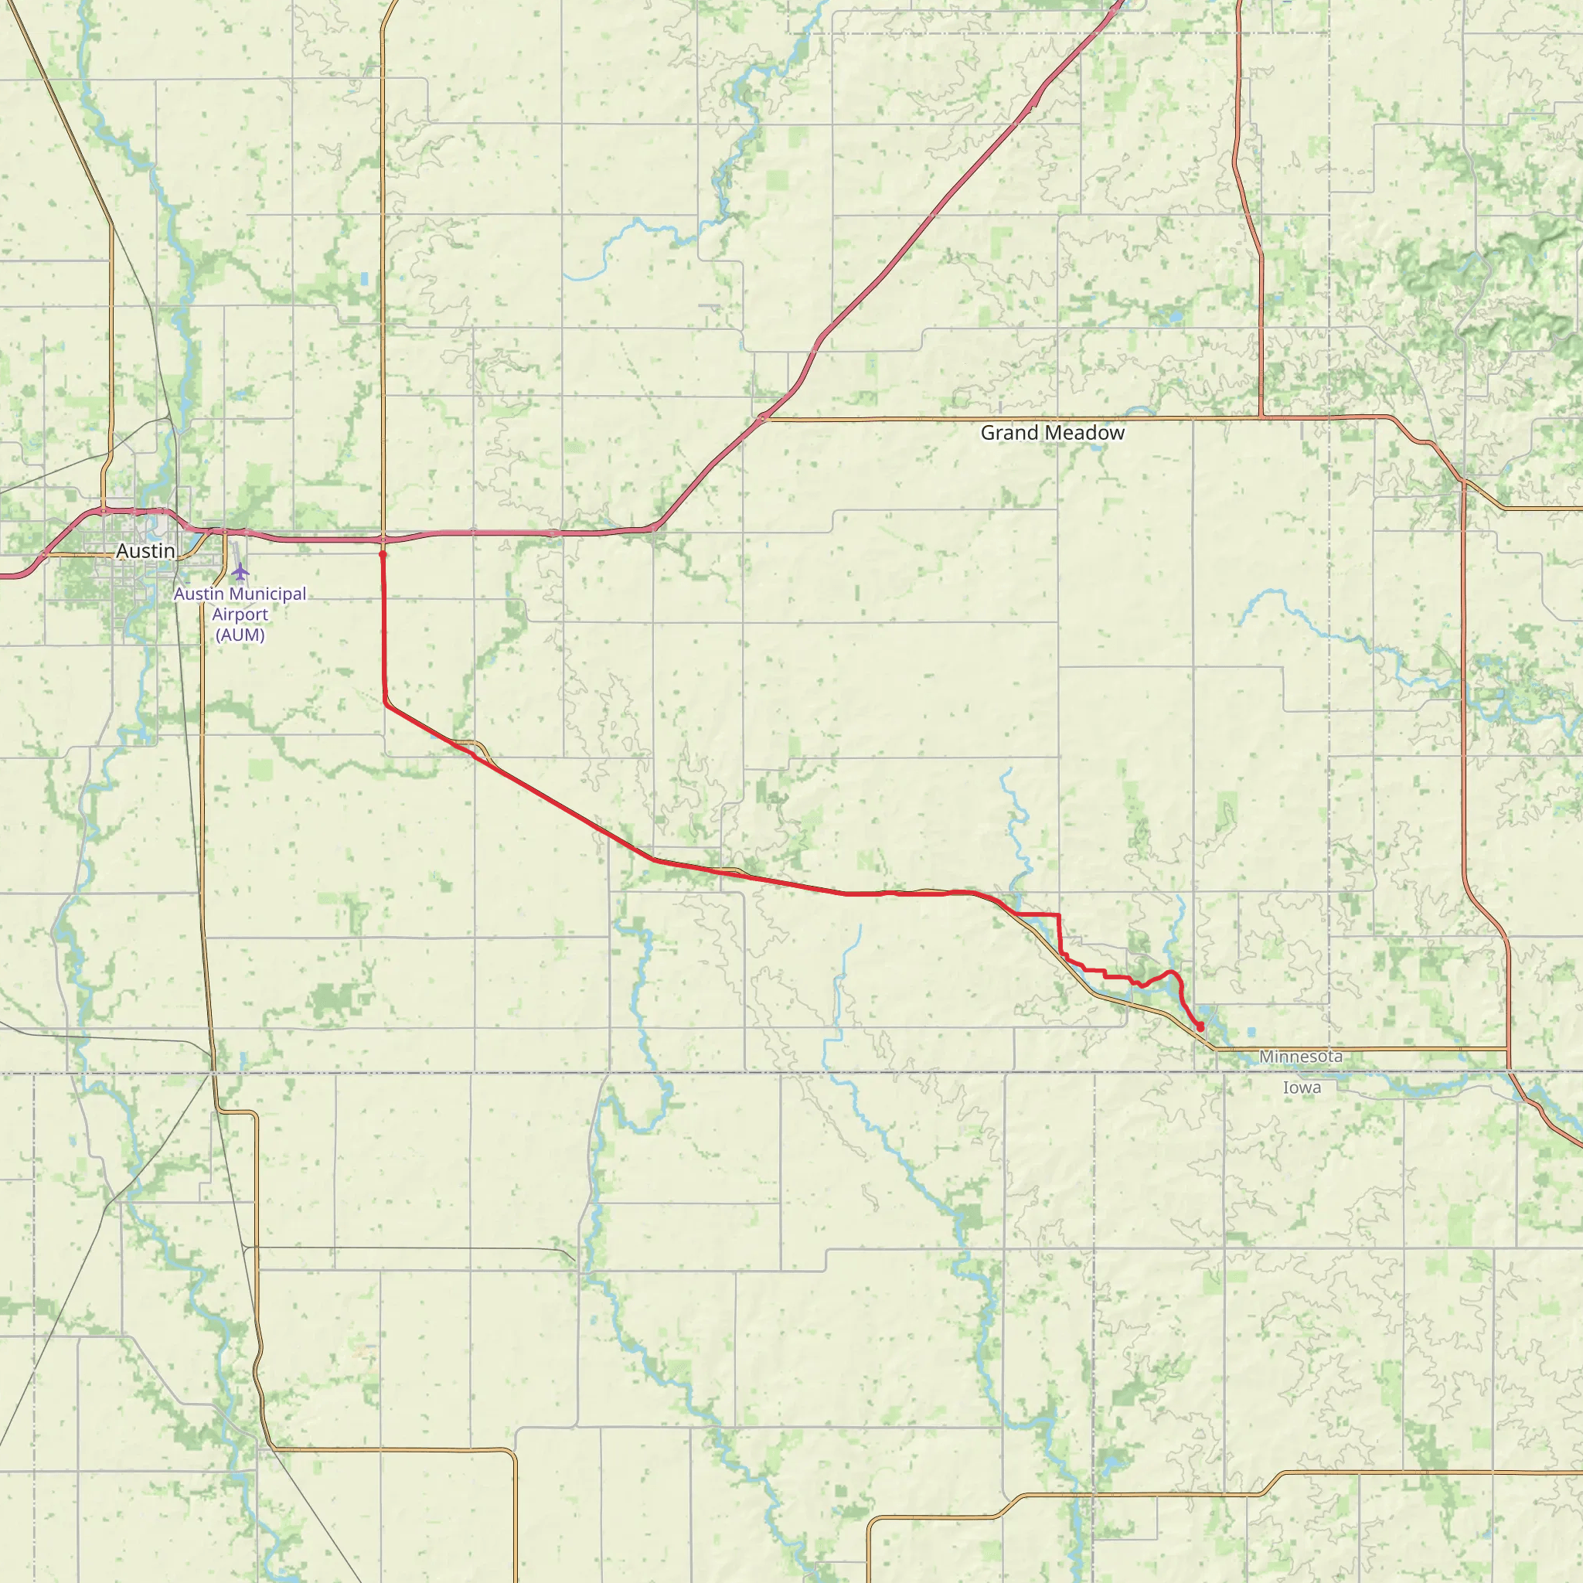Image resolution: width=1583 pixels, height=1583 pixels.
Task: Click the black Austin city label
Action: coord(146,550)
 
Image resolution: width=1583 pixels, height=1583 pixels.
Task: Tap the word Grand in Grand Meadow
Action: coord(1009,433)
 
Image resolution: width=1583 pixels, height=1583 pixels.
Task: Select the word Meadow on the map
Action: coord(1083,433)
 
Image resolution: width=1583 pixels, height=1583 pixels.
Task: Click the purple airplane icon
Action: coord(240,571)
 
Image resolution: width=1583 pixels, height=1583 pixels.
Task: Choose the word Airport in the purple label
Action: coord(240,614)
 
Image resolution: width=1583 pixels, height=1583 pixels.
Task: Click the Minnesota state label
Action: coord(1301,1056)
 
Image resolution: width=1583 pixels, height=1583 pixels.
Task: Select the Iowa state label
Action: coord(1302,1088)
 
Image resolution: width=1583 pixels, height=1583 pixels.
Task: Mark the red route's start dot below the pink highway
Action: coord(383,555)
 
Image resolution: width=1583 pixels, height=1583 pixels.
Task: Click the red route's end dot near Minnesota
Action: coord(1200,1026)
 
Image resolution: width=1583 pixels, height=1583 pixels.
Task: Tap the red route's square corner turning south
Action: coord(1059,914)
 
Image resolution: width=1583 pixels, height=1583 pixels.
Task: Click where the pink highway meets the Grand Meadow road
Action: coord(764,419)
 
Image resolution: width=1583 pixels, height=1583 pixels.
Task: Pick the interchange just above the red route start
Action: coord(383,540)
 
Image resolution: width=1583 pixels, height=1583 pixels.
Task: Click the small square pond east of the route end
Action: coord(1251,1032)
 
